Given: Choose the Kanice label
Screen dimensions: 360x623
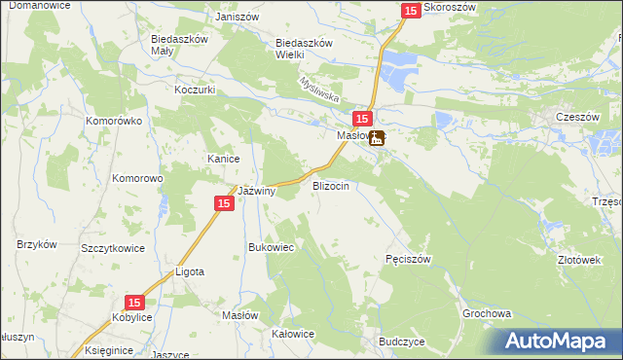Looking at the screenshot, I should (x=223, y=159).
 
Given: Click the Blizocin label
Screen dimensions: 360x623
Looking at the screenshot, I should (x=330, y=184).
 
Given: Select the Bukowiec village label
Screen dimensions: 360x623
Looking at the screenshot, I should (x=272, y=248).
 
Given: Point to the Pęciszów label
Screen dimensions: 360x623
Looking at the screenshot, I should (x=408, y=259).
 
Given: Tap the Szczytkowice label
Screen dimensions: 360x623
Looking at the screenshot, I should (x=113, y=248).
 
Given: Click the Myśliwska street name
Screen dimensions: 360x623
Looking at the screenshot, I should (x=318, y=91).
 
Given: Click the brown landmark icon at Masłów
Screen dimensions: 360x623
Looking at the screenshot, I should (x=376, y=138).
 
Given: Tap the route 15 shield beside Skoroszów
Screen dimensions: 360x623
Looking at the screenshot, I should (x=410, y=10).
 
